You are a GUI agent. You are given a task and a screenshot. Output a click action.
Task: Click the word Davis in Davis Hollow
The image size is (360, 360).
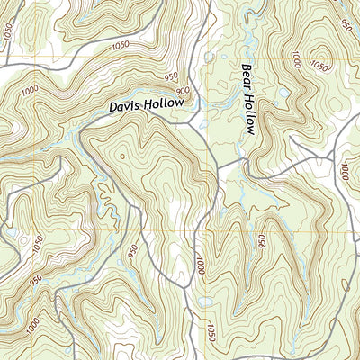coord(127,106)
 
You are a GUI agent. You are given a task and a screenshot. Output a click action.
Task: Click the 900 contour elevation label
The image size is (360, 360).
coord(183,90)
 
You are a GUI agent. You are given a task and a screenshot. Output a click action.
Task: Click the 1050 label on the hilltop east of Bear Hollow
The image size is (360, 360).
coord(319,65)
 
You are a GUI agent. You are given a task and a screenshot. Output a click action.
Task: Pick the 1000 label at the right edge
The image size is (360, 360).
coord(346,170)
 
